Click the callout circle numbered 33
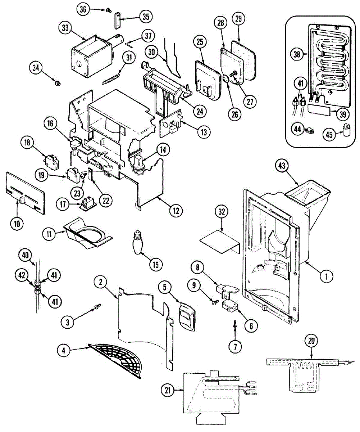coord(65,28)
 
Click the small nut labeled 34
coord(56,84)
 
